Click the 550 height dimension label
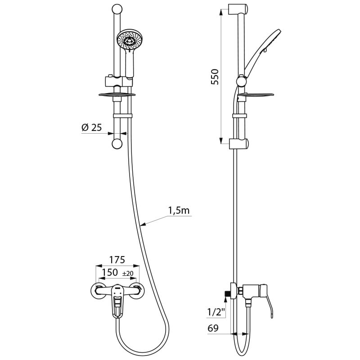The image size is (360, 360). [x=215, y=77]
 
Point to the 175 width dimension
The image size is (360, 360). [x=117, y=260]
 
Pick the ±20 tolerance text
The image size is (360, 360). [x=127, y=274]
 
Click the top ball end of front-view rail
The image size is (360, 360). [x=117, y=9]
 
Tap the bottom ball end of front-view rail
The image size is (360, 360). [x=117, y=144]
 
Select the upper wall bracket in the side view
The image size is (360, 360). [x=238, y=9]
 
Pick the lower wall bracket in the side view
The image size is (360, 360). [x=238, y=144]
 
